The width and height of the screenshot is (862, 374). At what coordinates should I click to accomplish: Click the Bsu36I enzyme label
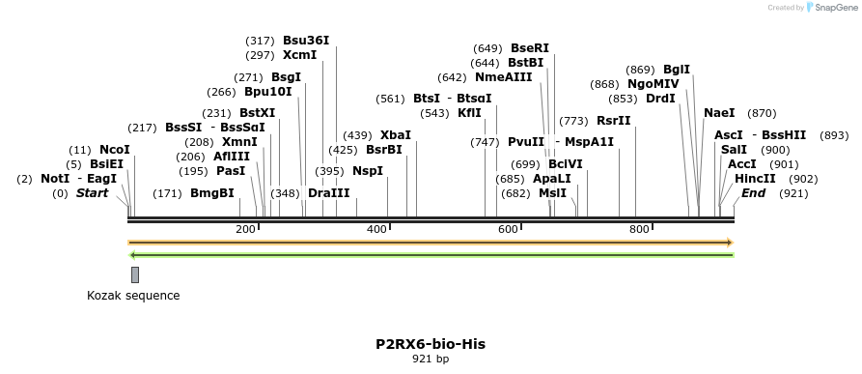(x=306, y=41)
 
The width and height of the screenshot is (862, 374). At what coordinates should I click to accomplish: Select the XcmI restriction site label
(x=299, y=55)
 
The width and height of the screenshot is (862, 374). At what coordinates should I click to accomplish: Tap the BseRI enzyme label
(x=529, y=48)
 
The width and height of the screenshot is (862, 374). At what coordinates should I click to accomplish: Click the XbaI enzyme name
(x=396, y=135)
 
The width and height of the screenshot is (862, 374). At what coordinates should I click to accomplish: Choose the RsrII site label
(x=613, y=121)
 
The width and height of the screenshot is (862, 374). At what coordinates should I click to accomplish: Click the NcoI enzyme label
(x=114, y=150)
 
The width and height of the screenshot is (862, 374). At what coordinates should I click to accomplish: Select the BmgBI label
(x=212, y=193)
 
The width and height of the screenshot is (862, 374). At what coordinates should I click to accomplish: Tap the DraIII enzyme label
(x=329, y=193)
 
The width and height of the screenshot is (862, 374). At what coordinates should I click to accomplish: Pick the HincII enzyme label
(x=755, y=179)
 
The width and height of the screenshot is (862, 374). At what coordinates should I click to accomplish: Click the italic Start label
(x=92, y=193)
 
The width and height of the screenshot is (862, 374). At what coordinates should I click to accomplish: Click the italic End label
(x=753, y=193)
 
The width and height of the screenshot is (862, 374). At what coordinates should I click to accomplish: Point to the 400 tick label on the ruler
(x=376, y=229)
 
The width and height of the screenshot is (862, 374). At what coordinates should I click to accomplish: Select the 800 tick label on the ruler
(x=639, y=229)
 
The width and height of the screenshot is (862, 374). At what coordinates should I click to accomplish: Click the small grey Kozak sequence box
(x=135, y=274)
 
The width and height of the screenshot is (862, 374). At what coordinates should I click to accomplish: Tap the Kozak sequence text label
(x=133, y=296)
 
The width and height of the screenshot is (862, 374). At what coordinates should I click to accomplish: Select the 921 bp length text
(x=431, y=359)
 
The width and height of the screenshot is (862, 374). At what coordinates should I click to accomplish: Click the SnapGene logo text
(x=834, y=8)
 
